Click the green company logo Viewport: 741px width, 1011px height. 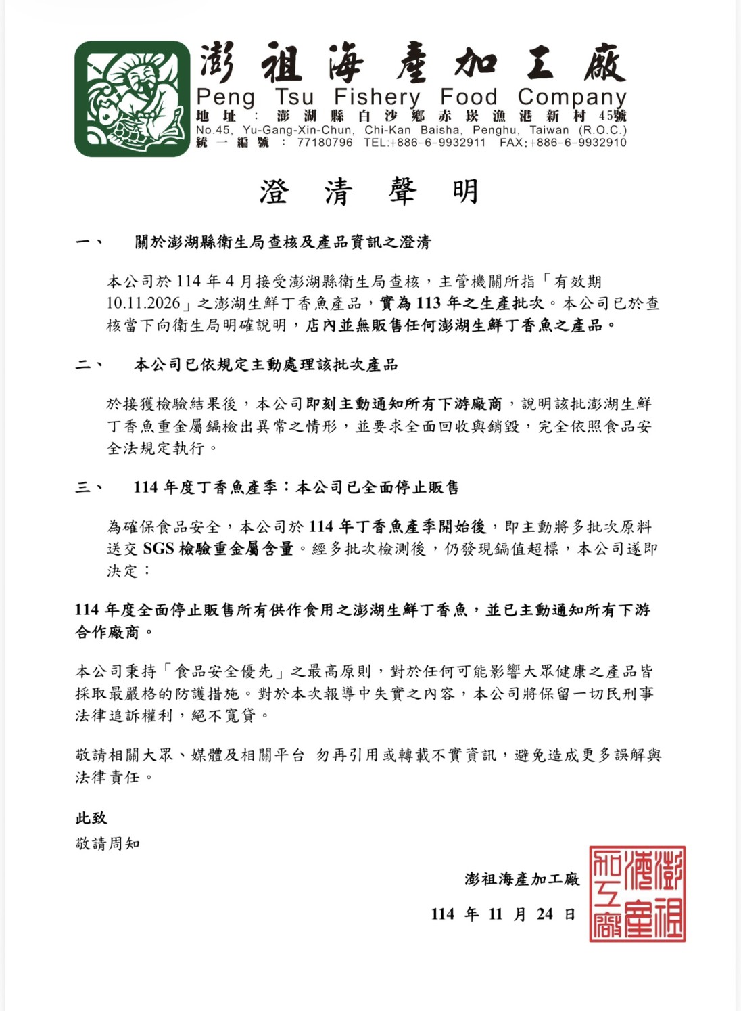tap(133, 99)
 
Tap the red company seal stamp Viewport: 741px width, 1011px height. tap(637, 893)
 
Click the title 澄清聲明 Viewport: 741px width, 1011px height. tap(369, 192)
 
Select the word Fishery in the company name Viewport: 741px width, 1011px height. tap(377, 98)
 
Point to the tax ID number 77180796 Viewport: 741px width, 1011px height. tap(325, 143)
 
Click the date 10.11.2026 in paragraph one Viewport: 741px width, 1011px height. tap(143, 303)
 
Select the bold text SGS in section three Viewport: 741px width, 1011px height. tap(158, 549)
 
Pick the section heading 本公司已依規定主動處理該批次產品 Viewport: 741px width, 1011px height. tap(266, 365)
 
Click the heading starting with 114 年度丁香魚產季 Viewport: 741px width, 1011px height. tap(296, 487)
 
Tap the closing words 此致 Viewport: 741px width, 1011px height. tap(91, 818)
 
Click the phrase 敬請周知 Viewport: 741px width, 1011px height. tap(107, 844)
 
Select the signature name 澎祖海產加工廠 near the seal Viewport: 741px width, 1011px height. tap(522, 879)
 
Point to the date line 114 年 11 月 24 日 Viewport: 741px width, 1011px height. tap(503, 914)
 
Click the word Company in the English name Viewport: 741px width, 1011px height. tap(572, 98)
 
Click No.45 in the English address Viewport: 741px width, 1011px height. tap(214, 130)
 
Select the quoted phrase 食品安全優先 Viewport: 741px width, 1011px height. tap(224, 671)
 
